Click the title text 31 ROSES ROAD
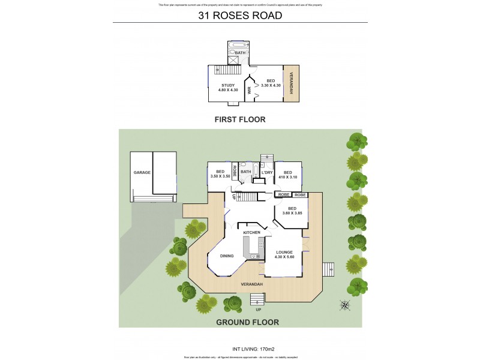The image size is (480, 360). tap(240, 16)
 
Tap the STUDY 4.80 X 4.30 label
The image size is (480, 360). tap(227, 88)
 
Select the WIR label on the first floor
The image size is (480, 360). tap(249, 91)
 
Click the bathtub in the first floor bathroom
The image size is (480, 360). tap(239, 46)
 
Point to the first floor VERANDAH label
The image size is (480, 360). tap(292, 83)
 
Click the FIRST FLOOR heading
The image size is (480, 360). tap(240, 119)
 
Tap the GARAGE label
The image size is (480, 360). tap(142, 172)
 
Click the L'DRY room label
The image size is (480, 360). tap(267, 173)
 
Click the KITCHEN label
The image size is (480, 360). tap(251, 232)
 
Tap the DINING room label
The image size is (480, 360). tap(226, 256)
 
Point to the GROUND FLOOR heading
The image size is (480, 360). tap(240, 322)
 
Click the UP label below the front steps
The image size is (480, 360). tap(258, 310)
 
